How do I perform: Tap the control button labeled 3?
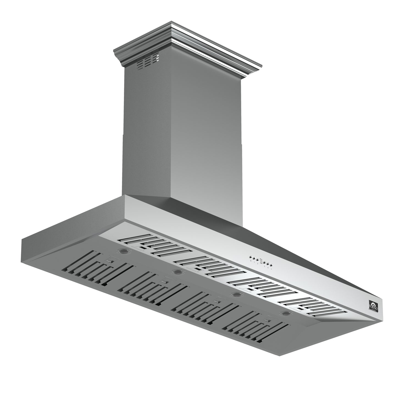[x=264, y=262]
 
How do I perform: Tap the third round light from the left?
[x=235, y=294]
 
